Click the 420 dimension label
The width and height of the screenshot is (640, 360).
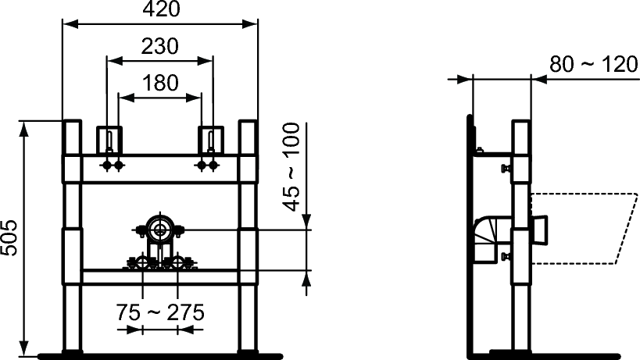click(x=161, y=9)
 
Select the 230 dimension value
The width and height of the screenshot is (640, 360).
click(x=159, y=46)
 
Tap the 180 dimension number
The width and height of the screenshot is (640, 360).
click(x=160, y=83)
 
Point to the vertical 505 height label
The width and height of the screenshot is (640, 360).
click(x=9, y=237)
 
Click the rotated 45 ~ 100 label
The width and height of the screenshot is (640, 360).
click(x=291, y=167)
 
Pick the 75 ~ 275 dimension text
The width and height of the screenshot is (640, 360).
click(x=160, y=312)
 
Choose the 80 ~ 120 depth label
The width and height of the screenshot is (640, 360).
click(x=594, y=64)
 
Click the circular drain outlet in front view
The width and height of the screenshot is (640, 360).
click(x=159, y=230)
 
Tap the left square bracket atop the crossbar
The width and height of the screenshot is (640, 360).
click(x=109, y=141)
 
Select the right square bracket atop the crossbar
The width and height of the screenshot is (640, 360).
click(x=211, y=141)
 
